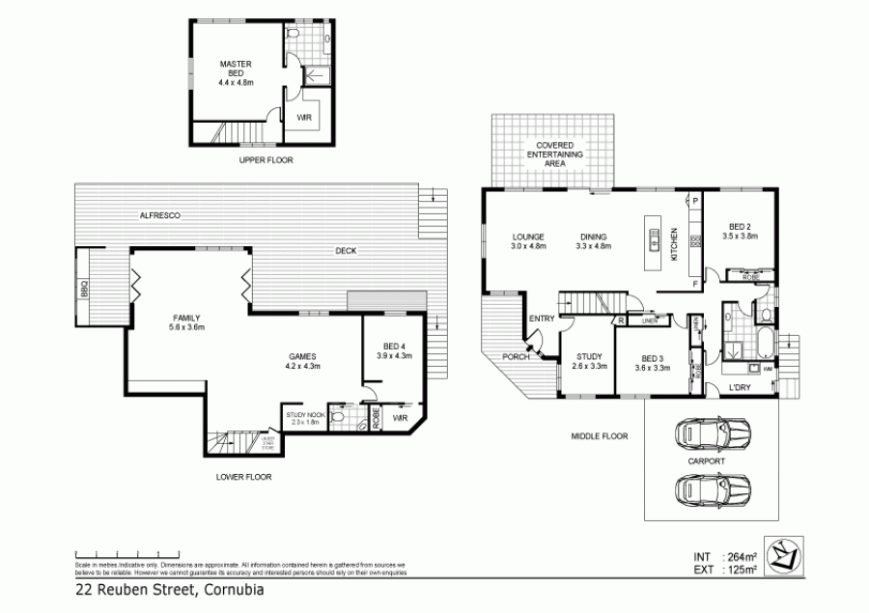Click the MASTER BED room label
coord(235,73)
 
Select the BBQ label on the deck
coord(83,288)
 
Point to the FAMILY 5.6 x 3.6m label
coord(187,322)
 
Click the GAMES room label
coord(302,361)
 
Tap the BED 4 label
coord(394,350)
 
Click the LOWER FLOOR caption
coord(243,477)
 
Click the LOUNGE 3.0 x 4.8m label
coord(529,241)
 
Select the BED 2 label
coord(742,230)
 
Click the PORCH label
coord(514,357)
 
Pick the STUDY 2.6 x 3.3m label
coord(588,361)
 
